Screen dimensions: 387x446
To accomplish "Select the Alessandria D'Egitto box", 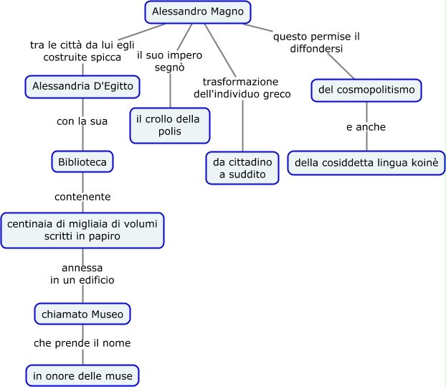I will [82, 87].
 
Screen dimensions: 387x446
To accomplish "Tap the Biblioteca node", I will [82, 162].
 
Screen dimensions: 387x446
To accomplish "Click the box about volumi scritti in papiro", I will [82, 230].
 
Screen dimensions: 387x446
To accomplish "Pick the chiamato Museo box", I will [82, 314].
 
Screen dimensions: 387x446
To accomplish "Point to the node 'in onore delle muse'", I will [82, 375].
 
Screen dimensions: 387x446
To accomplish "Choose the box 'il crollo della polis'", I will [169, 125].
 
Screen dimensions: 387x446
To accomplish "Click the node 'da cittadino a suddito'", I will [242, 168].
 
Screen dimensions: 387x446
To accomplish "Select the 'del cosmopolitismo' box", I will [366, 90].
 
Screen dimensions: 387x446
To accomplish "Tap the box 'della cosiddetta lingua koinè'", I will [366, 162].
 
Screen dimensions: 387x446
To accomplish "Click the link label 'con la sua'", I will [82, 121].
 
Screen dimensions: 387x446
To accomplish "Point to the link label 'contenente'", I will [82, 196].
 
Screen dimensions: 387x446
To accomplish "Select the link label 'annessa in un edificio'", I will [82, 274].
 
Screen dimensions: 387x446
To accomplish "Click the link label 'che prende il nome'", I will [82, 343].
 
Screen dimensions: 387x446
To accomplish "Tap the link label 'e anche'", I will [366, 127].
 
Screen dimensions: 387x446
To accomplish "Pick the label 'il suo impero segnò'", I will [169, 61].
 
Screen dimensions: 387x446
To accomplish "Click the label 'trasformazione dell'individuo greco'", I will [242, 88].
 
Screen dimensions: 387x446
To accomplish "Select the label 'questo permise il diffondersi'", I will [317, 43].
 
